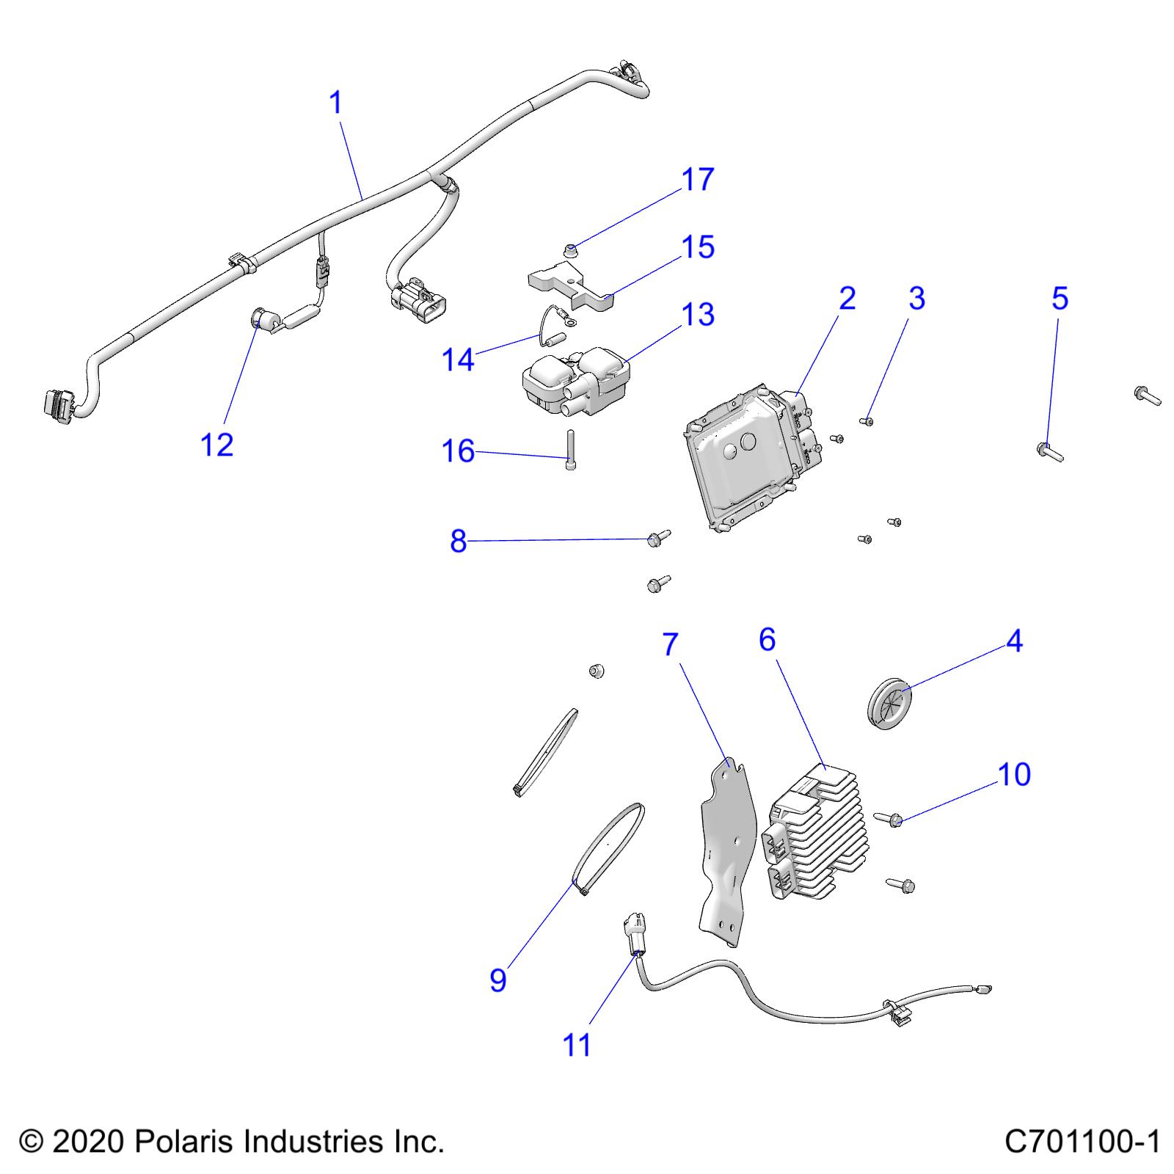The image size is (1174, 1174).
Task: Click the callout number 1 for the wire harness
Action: point(336,103)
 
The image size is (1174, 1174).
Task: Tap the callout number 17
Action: point(697,180)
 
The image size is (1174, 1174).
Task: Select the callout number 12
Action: point(216,445)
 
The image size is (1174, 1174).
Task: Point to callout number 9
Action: point(498,980)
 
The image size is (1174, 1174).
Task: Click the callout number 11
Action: point(577,1045)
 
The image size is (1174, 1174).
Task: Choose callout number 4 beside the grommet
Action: point(1014,642)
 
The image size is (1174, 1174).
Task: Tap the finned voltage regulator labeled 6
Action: point(814,833)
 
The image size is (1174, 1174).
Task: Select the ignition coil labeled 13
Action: point(576,378)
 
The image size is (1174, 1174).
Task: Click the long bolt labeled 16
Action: point(571,451)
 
